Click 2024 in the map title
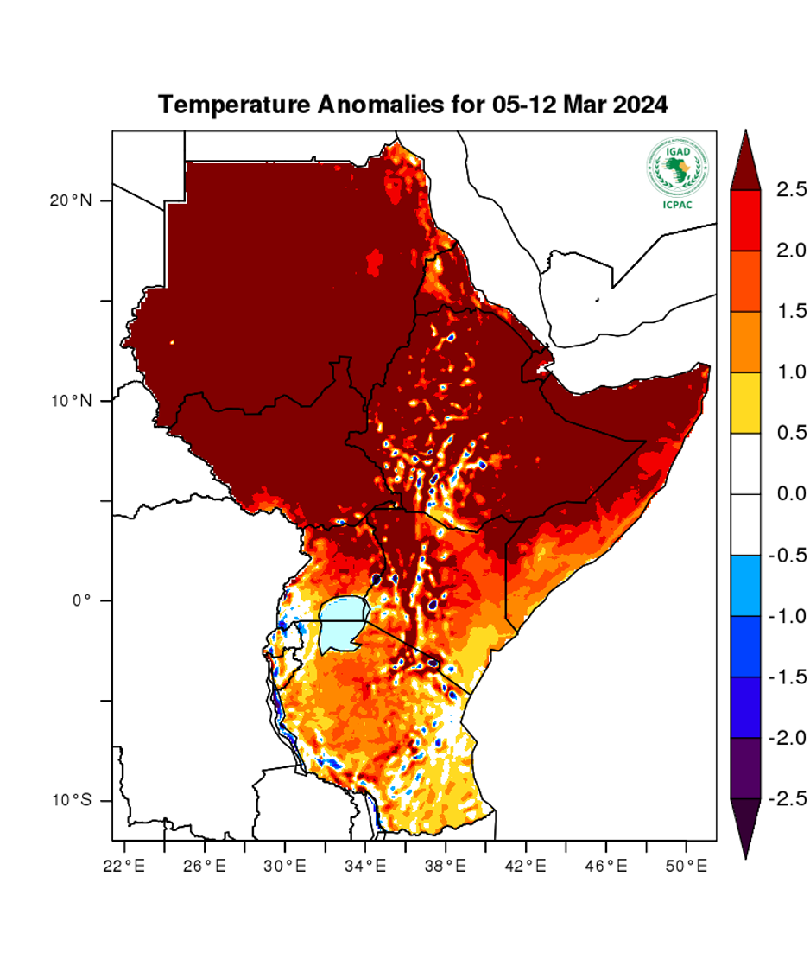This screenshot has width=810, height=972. tap(640, 105)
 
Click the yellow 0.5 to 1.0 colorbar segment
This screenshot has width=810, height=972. tap(745, 403)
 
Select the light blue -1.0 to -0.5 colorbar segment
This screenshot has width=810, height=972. tap(745, 585)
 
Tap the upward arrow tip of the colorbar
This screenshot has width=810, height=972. tap(745, 135)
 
